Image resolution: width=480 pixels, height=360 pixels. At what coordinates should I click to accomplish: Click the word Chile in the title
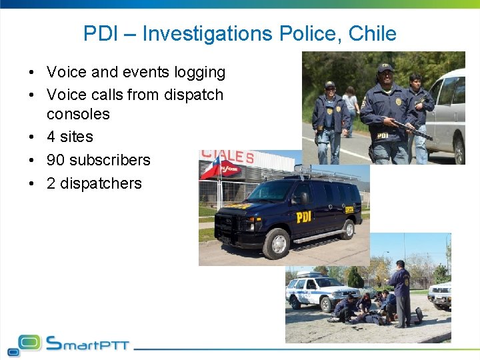pyautogui.click(x=373, y=33)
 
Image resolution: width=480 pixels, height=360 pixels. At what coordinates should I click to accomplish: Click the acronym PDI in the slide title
pyautogui.click(x=101, y=33)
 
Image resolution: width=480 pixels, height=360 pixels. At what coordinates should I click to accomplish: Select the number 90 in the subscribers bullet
pyautogui.click(x=55, y=160)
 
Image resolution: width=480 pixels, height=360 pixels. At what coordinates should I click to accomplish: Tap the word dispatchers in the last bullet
pyautogui.click(x=101, y=183)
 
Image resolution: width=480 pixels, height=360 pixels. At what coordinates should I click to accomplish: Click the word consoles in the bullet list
pyautogui.click(x=78, y=114)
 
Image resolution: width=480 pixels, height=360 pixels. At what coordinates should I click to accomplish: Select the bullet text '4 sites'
pyautogui.click(x=69, y=137)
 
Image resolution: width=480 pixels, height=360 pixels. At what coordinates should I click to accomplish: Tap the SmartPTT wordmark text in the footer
pyautogui.click(x=87, y=343)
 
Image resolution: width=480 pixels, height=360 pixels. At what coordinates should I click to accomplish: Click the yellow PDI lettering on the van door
pyautogui.click(x=303, y=217)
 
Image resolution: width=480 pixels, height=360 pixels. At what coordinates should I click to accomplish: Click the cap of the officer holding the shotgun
pyautogui.click(x=385, y=67)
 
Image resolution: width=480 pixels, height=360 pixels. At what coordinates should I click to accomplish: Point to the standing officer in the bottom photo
pyautogui.click(x=401, y=292)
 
